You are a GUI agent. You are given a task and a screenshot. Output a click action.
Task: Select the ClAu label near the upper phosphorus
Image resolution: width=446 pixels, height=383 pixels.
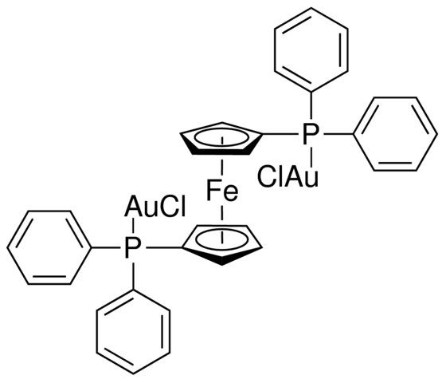pos(288,177)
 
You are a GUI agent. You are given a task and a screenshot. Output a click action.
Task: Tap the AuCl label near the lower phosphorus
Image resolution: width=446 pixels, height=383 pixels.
pos(155,206)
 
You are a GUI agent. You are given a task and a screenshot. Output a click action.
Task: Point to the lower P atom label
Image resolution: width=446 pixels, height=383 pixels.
pos(133,248)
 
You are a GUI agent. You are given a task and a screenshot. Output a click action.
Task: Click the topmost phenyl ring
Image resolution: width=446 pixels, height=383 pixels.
pos(311,49)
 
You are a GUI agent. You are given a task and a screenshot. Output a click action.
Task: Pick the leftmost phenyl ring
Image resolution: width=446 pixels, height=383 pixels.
pos(49,247)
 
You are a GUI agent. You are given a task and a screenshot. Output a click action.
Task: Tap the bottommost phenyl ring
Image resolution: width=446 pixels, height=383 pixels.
pos(134,332)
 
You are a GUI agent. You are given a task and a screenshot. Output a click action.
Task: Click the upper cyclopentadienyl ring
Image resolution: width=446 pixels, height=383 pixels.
pos(221,139)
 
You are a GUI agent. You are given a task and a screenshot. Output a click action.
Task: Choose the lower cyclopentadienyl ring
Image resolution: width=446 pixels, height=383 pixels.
pos(222,244)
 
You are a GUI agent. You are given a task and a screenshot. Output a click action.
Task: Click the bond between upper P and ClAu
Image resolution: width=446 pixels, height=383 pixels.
pos(311,156)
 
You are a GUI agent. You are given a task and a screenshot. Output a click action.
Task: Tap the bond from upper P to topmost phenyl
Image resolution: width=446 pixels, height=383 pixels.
pos(311,105)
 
